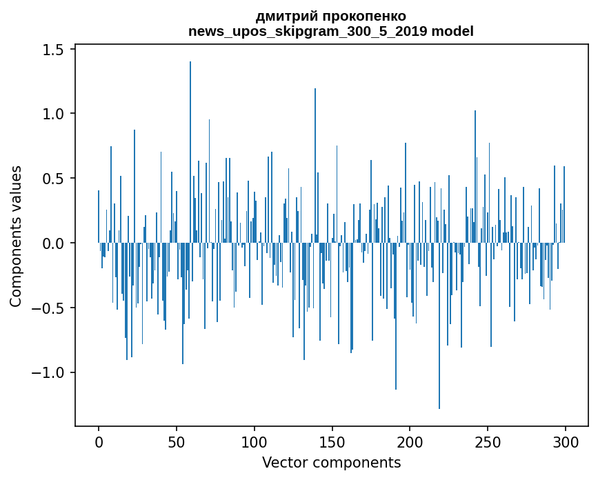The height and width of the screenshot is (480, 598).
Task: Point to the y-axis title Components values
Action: click(15, 236)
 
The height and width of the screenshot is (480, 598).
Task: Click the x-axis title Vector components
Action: click(331, 462)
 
